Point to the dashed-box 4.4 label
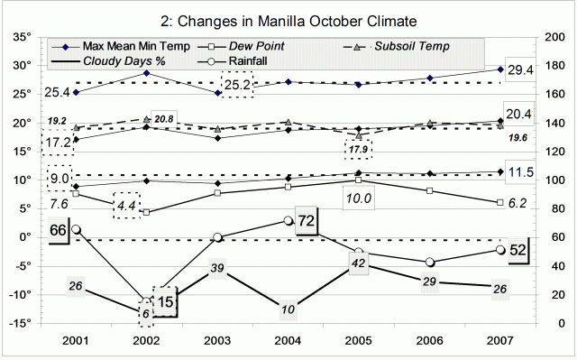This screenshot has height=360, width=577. (x=125, y=206)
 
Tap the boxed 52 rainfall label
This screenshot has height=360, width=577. (x=517, y=250)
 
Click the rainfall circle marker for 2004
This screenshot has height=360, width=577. (x=288, y=220)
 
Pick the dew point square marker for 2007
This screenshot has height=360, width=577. (x=500, y=202)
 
